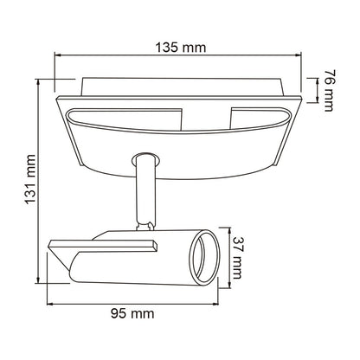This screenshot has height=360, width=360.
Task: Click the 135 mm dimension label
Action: point(181,48)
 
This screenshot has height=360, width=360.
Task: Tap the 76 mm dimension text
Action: point(329,90)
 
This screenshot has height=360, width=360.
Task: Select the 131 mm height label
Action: point(30,179)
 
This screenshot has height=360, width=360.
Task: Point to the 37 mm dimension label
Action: point(236,258)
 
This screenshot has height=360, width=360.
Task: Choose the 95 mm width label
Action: point(132,313)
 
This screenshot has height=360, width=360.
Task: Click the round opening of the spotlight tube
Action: point(204,258)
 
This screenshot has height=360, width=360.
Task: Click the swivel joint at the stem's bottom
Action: point(146,226)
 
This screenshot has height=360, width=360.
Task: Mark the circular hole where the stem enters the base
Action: point(145,160)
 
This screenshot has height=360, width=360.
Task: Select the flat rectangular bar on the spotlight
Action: point(103,246)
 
